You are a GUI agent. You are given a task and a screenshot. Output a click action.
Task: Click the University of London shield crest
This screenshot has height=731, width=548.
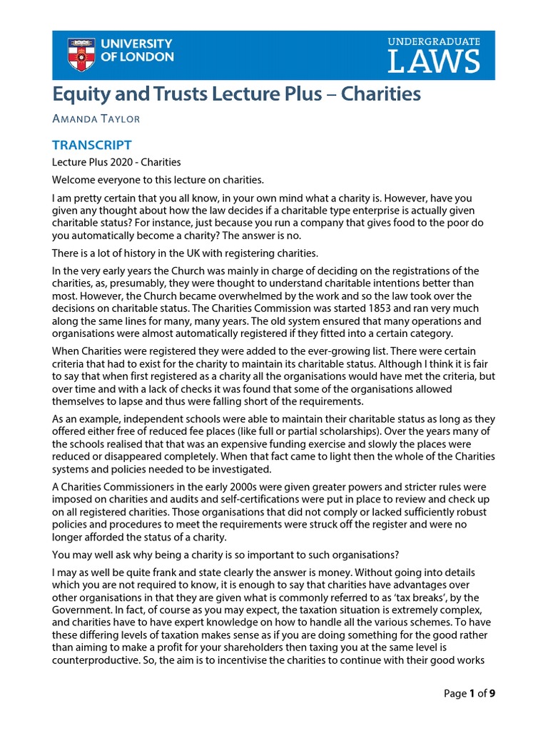click(81, 55)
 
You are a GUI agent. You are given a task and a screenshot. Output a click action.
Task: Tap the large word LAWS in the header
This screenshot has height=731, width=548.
click(434, 63)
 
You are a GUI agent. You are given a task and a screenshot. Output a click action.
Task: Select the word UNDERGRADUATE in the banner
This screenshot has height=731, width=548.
click(434, 43)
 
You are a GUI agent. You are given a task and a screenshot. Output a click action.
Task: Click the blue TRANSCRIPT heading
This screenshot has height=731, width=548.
click(91, 145)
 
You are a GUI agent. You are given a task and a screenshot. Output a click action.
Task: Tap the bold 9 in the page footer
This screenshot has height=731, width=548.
click(492, 692)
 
